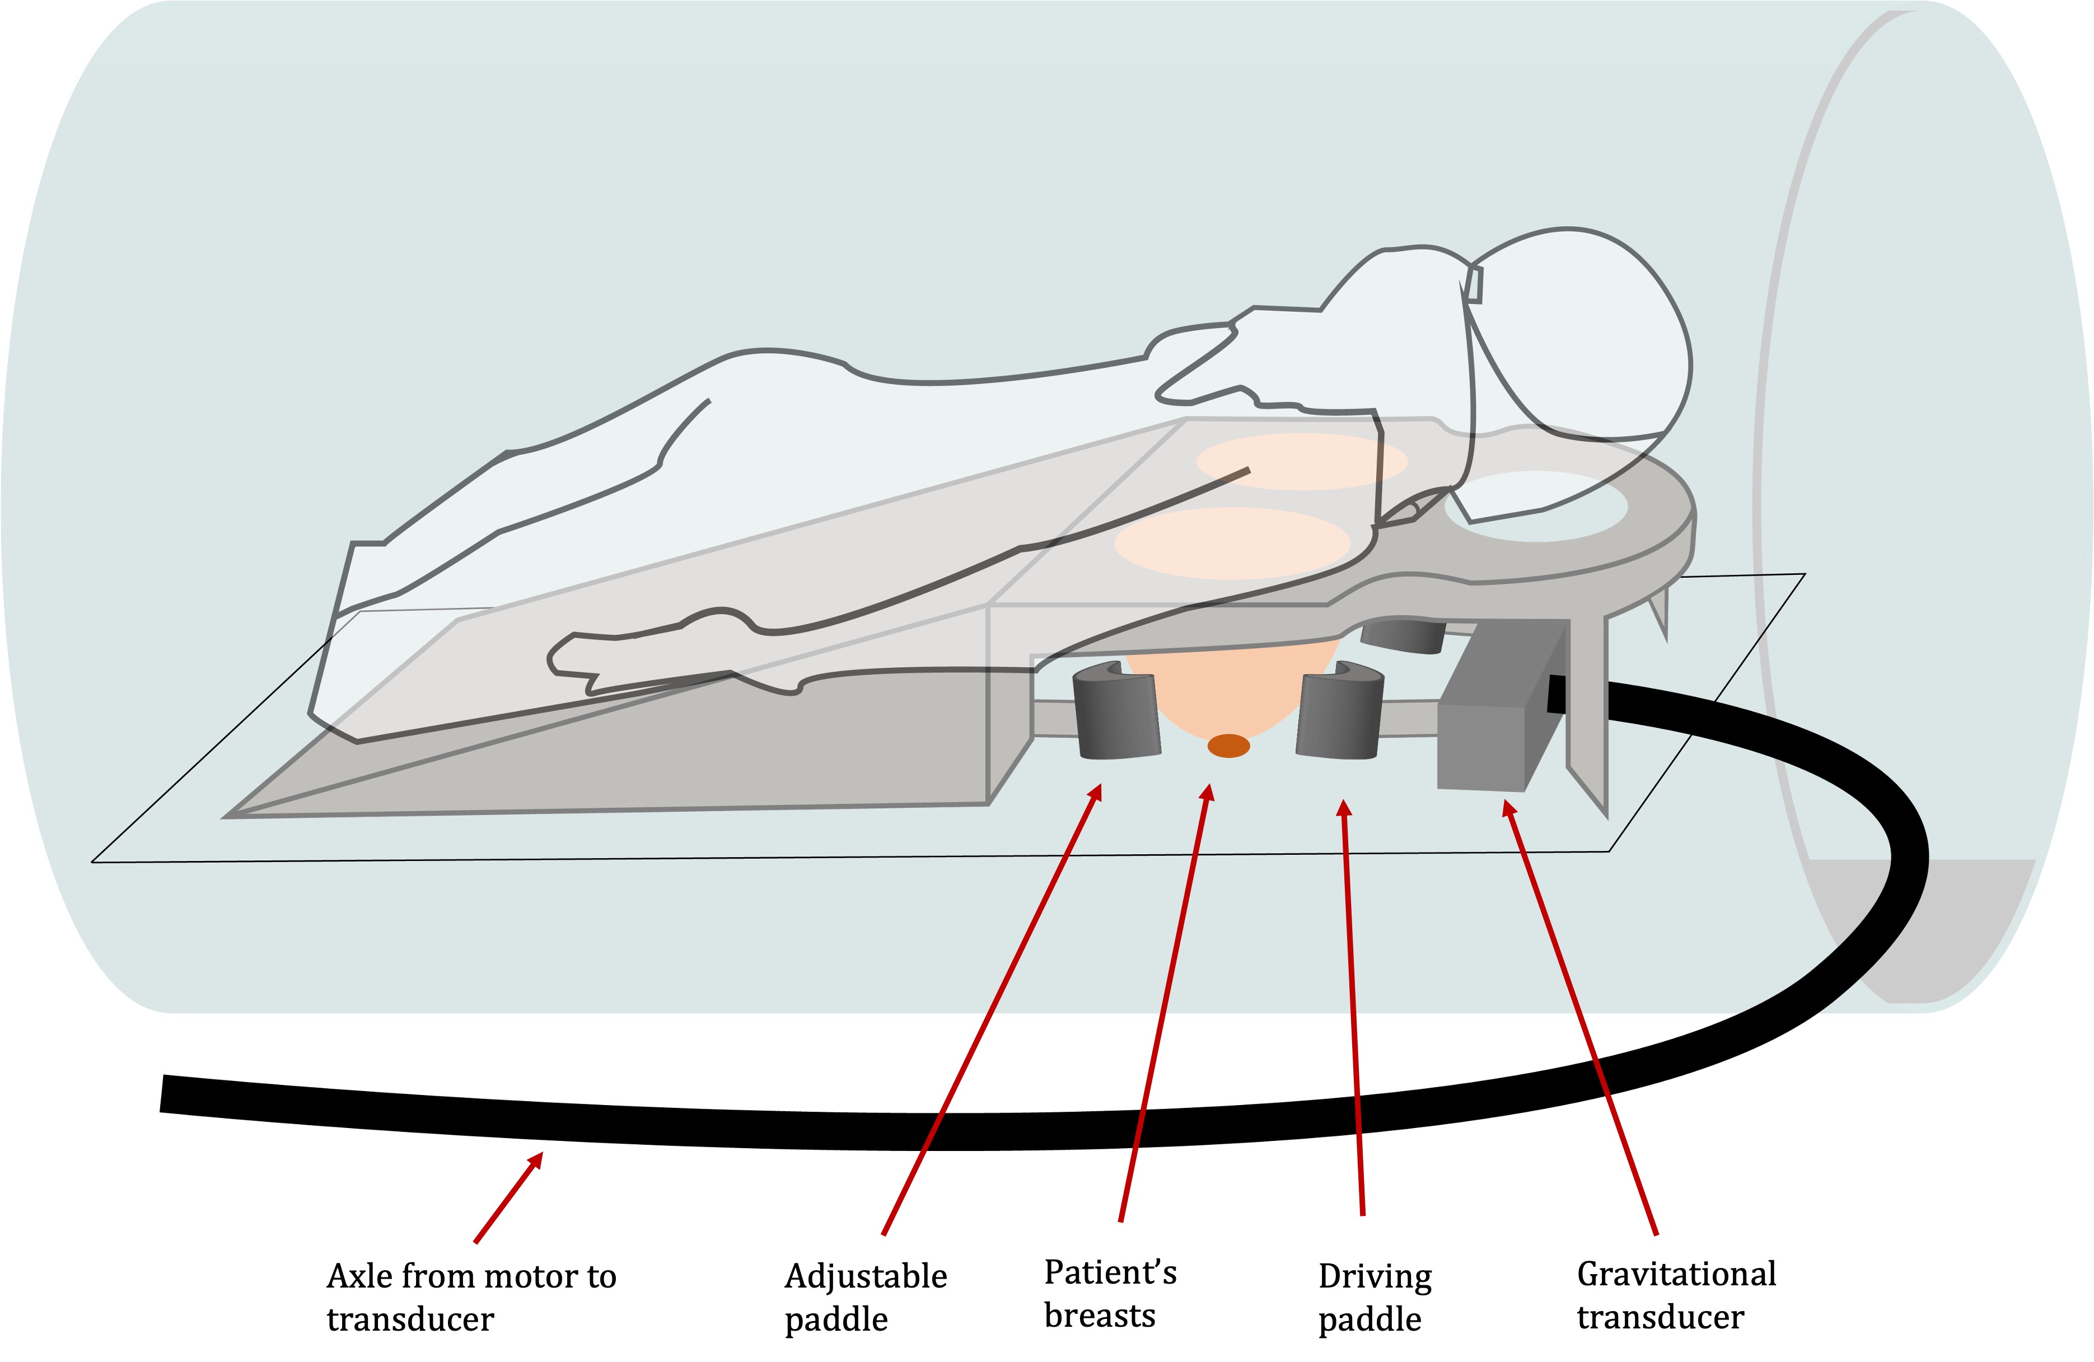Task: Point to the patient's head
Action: pos(1584,334)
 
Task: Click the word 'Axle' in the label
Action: pos(360,1276)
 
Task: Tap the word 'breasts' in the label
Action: pos(1099,1316)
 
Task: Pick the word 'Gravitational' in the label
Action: pos(1676,1274)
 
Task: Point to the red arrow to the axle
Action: pos(508,1197)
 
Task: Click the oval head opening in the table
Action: pos(1535,507)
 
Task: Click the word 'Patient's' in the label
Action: pos(1110,1272)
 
